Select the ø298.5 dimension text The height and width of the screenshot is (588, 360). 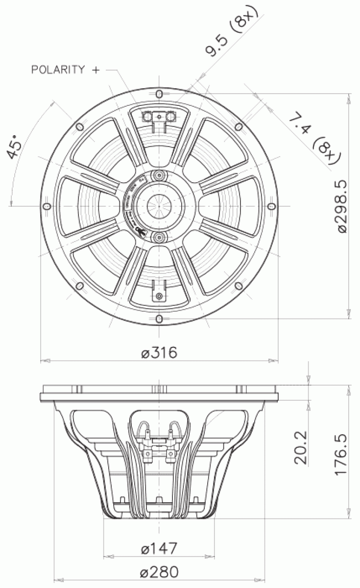click(x=341, y=205)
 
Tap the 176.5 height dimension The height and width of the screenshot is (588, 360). click(x=341, y=453)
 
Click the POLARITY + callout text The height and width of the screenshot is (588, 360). click(x=65, y=70)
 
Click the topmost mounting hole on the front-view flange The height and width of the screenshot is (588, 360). click(x=159, y=94)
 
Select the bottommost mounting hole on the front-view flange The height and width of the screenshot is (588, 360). click(x=159, y=319)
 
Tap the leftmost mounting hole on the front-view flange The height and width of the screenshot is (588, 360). click(x=46, y=207)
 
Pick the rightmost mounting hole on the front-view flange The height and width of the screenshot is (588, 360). click(x=271, y=207)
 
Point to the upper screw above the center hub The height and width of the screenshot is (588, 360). click(x=159, y=175)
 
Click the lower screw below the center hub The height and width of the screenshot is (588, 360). click(x=159, y=238)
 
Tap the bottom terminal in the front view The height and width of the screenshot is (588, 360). click(x=159, y=295)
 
